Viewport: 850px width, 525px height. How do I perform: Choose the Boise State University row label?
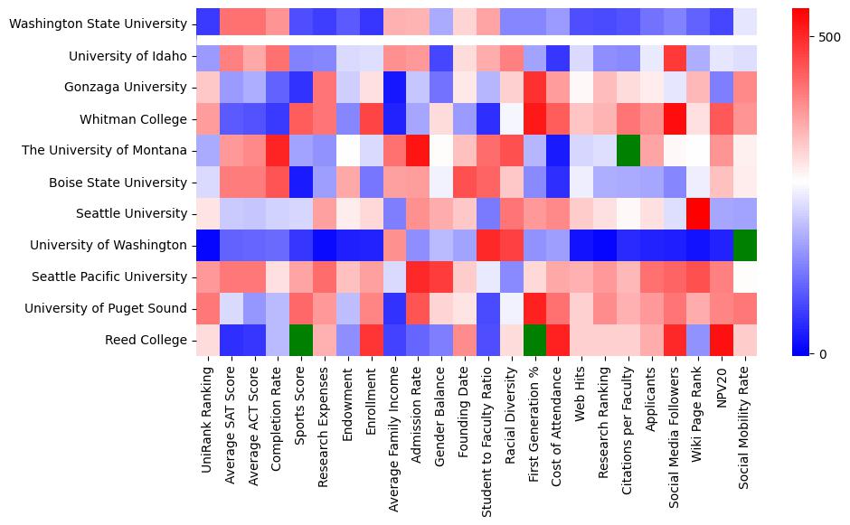click(x=120, y=183)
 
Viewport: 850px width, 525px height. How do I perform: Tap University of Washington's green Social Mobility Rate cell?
click(x=746, y=245)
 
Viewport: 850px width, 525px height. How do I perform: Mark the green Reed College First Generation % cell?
click(x=534, y=340)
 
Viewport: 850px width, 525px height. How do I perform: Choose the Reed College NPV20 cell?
click(x=722, y=340)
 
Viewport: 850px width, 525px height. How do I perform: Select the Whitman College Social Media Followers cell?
click(x=675, y=119)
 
